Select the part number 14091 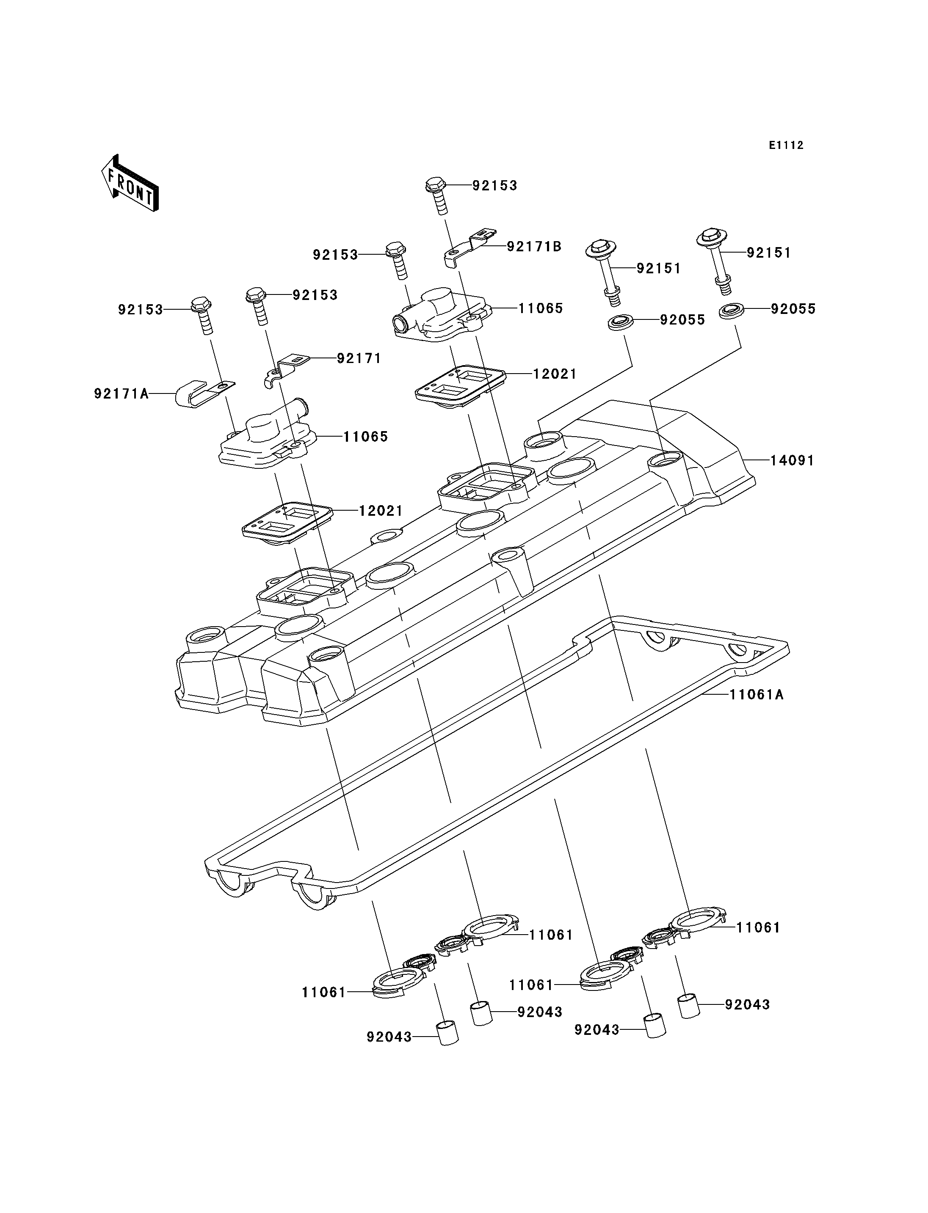pyautogui.click(x=792, y=460)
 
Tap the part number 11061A pyautogui.click(x=756, y=695)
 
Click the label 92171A pyautogui.click(x=122, y=393)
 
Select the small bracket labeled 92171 pyautogui.click(x=285, y=371)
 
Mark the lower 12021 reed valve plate pyautogui.click(x=288, y=522)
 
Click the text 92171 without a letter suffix pyautogui.click(x=359, y=358)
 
